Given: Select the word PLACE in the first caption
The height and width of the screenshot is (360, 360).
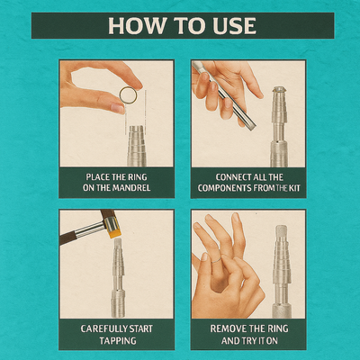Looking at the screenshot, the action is click(x=97, y=177).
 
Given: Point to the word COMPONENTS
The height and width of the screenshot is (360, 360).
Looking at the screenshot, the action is click(x=225, y=188).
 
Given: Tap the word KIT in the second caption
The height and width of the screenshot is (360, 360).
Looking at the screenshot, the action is click(x=294, y=188).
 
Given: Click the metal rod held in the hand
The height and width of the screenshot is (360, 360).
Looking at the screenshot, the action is click(x=224, y=95).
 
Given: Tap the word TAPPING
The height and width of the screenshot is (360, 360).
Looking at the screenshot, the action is click(x=118, y=341).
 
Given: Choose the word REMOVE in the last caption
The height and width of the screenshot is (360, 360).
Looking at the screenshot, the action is click(x=227, y=328).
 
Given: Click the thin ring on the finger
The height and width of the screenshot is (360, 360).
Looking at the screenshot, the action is click(x=216, y=260).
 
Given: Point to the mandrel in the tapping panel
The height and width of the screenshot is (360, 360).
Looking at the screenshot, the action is click(x=118, y=277).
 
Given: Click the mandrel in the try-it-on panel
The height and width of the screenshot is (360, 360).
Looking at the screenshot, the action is click(x=282, y=272).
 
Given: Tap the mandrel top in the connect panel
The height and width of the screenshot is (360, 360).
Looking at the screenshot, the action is click(x=279, y=89).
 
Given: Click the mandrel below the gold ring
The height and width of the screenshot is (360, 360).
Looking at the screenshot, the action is click(x=137, y=146).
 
